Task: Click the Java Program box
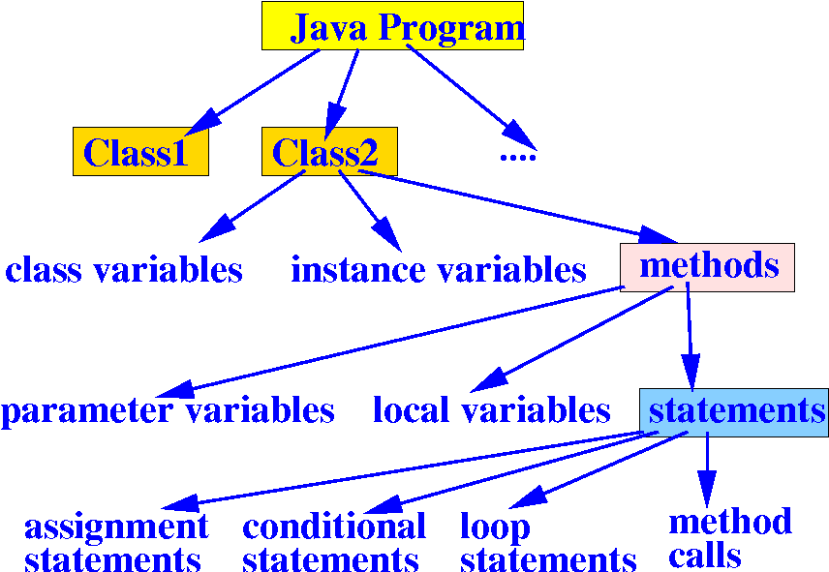(x=392, y=26)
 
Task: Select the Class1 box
(x=140, y=152)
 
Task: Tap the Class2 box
(x=329, y=152)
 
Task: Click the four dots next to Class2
(x=517, y=155)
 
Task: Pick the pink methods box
(x=707, y=267)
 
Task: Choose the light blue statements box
(x=734, y=410)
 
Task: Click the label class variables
(x=123, y=270)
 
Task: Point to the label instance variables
(x=438, y=270)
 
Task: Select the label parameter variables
(x=167, y=411)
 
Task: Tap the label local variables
(x=491, y=411)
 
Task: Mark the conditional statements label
(x=333, y=543)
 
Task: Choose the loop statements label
(x=547, y=543)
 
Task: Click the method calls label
(x=729, y=538)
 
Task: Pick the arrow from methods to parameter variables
(x=387, y=343)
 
